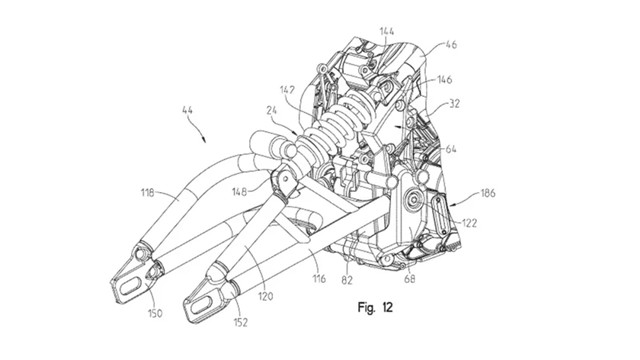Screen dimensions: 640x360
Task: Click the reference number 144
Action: [387, 31]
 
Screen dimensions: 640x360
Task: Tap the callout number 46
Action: [451, 44]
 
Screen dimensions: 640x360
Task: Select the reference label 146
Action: [444, 79]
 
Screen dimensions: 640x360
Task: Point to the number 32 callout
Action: [454, 104]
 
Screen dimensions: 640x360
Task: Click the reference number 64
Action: [451, 149]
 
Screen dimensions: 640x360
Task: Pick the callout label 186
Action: [488, 193]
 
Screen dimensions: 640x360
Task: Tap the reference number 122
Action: [469, 223]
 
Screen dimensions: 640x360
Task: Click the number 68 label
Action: [410, 279]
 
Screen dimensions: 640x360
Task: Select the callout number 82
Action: [347, 280]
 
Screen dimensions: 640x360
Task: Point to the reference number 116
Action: [319, 279]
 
